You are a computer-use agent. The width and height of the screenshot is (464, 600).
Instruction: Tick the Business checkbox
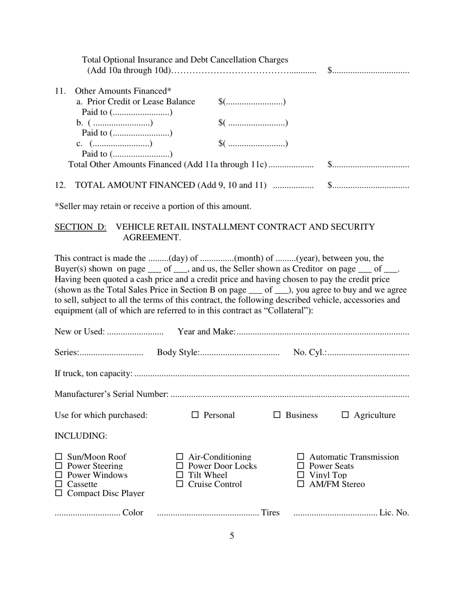click(x=277, y=415)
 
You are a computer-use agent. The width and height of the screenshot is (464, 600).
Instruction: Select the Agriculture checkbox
click(x=345, y=415)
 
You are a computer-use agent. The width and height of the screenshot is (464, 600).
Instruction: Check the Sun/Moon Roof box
click(x=59, y=457)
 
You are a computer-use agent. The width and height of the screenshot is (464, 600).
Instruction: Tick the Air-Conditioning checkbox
click(x=179, y=457)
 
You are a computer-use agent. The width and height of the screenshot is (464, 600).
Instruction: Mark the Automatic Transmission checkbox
click(x=301, y=457)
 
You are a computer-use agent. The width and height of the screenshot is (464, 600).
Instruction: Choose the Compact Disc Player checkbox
click(x=59, y=493)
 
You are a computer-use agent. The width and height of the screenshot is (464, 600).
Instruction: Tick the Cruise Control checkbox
click(x=179, y=484)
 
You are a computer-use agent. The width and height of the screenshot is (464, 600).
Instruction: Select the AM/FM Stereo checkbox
click(x=301, y=484)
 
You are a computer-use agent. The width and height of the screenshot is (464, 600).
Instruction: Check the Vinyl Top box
click(x=301, y=475)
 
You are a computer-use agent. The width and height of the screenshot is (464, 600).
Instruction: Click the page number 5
click(x=232, y=536)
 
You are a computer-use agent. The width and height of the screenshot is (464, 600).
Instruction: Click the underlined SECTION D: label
click(x=81, y=227)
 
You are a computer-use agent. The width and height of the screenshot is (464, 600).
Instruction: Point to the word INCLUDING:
click(x=81, y=436)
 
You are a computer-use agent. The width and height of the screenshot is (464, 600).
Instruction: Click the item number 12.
click(x=60, y=185)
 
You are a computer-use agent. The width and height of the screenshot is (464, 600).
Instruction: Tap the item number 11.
click(x=60, y=91)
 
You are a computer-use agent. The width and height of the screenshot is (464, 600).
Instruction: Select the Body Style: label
click(x=178, y=352)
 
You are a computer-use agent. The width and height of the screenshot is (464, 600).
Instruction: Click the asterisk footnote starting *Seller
click(x=153, y=206)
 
